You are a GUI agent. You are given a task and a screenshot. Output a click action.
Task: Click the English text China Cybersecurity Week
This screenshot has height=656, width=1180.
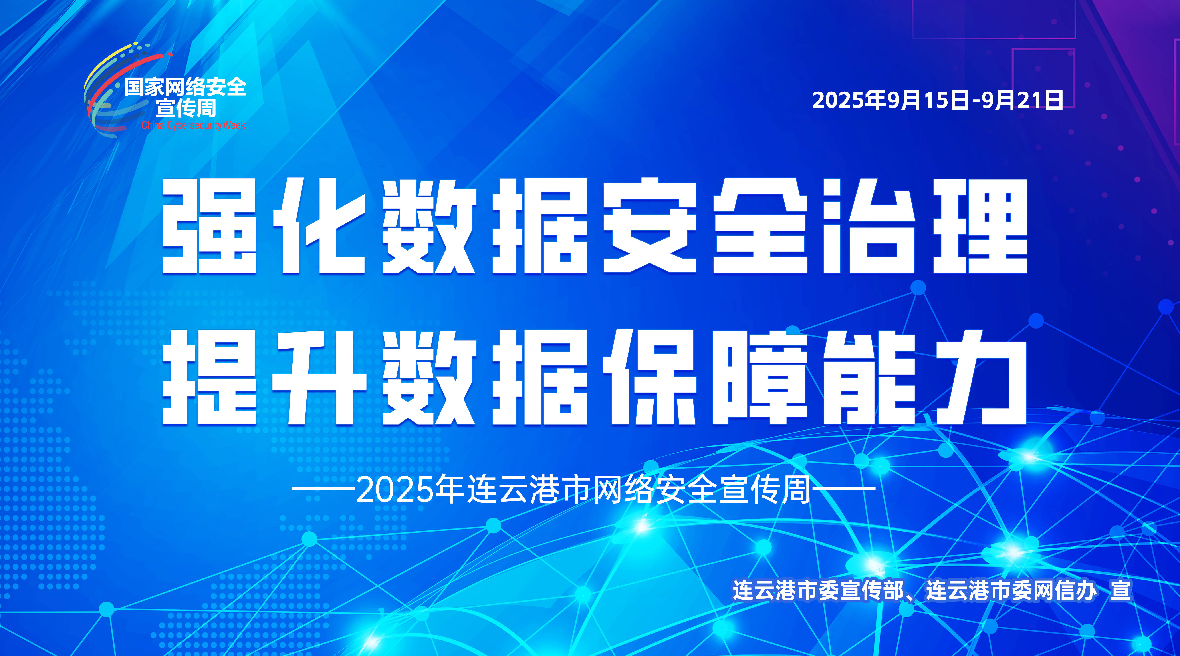193,125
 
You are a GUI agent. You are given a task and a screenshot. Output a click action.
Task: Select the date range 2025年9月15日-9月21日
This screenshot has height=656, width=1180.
937,100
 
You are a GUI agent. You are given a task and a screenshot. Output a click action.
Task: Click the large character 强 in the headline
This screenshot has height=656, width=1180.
209,226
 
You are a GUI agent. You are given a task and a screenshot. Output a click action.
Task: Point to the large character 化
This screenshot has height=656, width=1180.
319,226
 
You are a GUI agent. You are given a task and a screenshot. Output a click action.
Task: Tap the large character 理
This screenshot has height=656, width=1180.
980,226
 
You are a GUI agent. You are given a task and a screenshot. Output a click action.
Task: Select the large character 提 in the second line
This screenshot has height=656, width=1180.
209,377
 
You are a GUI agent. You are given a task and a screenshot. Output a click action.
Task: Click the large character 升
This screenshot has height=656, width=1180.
319,377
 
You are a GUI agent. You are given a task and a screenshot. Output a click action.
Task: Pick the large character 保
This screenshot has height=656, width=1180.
650,377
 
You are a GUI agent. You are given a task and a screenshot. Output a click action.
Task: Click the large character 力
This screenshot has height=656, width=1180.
980,377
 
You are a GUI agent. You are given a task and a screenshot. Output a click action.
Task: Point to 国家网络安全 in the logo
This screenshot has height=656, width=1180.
185,87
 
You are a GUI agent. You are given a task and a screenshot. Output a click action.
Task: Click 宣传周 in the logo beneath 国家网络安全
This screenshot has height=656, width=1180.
186,108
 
